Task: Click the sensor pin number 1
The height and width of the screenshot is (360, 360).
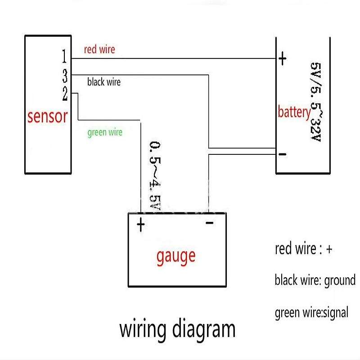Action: click(64, 57)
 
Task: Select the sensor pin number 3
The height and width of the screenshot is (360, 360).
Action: click(65, 75)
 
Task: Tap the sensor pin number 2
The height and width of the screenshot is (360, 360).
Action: click(65, 94)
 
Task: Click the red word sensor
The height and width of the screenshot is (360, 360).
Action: click(47, 117)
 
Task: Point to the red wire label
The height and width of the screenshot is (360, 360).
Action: click(99, 49)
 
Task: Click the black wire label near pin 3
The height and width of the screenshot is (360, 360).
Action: click(104, 82)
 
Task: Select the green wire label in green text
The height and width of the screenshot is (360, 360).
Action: click(104, 132)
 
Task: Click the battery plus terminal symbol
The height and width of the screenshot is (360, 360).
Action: click(283, 59)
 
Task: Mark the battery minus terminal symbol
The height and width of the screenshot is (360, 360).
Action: click(283, 154)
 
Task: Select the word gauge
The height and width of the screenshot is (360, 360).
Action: click(176, 256)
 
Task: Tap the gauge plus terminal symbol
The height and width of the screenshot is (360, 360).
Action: click(141, 225)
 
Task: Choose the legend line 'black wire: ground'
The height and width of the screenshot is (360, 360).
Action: click(315, 280)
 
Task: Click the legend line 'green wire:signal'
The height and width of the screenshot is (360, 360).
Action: click(311, 311)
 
